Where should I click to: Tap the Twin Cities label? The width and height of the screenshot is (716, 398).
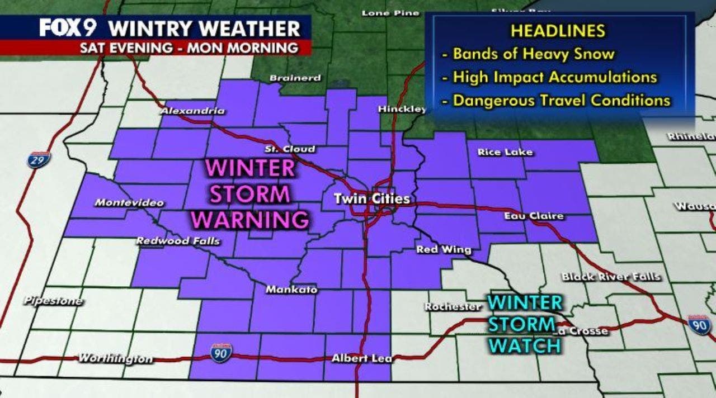[372, 198]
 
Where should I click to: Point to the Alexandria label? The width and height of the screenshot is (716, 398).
[192, 111]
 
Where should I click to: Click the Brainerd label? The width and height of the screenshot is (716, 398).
[295, 78]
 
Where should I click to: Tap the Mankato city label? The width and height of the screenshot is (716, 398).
[291, 290]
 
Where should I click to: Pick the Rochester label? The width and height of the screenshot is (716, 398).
[453, 307]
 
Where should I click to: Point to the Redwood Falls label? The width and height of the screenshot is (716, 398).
[178, 241]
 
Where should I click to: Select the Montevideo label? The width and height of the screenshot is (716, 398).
[129, 202]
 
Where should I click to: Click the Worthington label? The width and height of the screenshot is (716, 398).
[115, 358]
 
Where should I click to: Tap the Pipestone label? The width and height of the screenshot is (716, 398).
[54, 301]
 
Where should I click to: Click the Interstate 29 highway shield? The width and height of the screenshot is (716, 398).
[39, 159]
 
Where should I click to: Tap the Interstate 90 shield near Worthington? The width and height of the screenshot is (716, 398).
[222, 353]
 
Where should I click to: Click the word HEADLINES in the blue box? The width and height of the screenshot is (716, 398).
[557, 31]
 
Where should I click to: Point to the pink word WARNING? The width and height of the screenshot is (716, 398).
[249, 219]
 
